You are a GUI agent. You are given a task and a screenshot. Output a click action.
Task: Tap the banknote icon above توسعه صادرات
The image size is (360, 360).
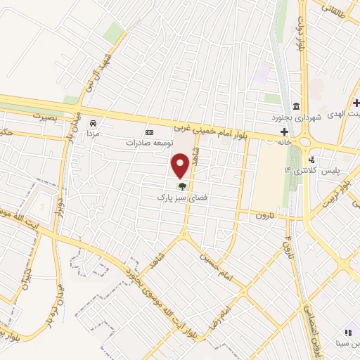(x=149, y=132)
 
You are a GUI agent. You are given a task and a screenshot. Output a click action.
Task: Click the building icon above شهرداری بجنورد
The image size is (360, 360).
(x=296, y=106)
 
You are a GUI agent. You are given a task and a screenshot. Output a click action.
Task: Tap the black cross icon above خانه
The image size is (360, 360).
(x=284, y=131)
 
